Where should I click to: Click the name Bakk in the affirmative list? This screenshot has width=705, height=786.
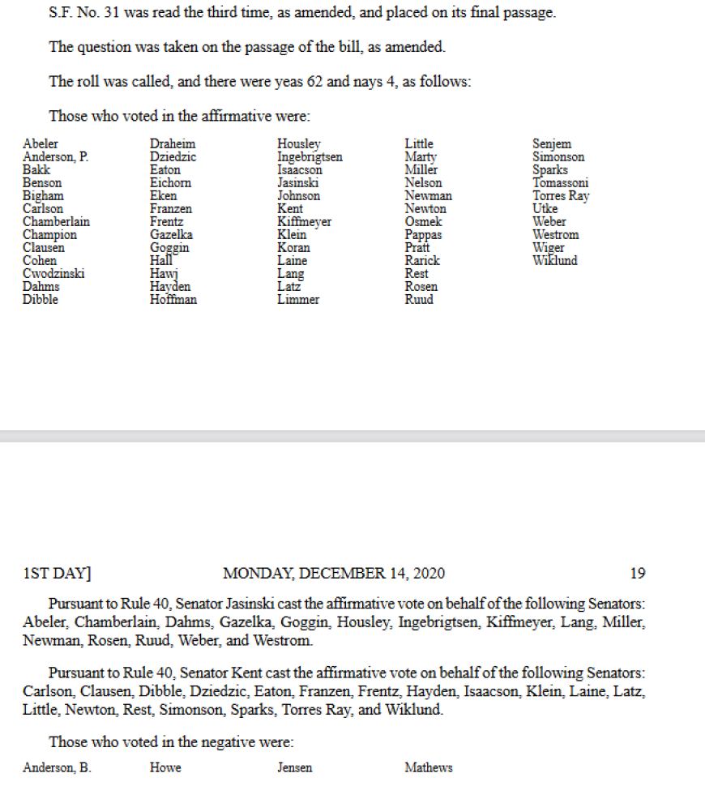36,170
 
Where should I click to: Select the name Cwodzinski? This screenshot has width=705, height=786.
53,274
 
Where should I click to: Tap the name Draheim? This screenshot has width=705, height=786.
173,144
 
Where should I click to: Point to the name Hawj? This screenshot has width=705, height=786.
164,274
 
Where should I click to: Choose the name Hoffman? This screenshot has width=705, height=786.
173,300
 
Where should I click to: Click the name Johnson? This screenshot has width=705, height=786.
298,196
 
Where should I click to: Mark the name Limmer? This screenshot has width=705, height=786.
298,300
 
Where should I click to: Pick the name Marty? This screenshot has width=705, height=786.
421,157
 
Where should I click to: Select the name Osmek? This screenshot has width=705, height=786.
422,222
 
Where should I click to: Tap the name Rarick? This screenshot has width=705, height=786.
422,261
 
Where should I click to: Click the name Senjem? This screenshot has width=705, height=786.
552,144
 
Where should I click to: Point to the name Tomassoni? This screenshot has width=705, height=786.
561,183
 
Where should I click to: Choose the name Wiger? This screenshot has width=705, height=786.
549,248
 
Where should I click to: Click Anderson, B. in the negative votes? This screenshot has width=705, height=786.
57,768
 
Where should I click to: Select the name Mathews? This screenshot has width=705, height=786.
429,768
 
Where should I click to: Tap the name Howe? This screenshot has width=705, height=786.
165,768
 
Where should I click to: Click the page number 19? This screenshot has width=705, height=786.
638,574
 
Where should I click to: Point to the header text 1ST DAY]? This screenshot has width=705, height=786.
57,574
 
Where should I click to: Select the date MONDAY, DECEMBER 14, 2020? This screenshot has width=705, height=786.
334,574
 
